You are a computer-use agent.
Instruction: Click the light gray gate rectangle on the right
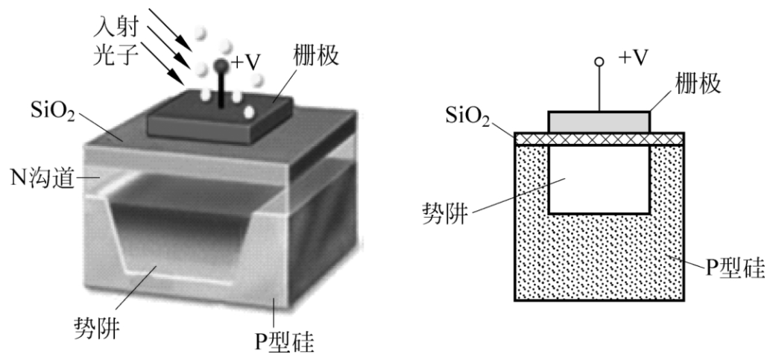(599, 121)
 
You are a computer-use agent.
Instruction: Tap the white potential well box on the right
(599, 179)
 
